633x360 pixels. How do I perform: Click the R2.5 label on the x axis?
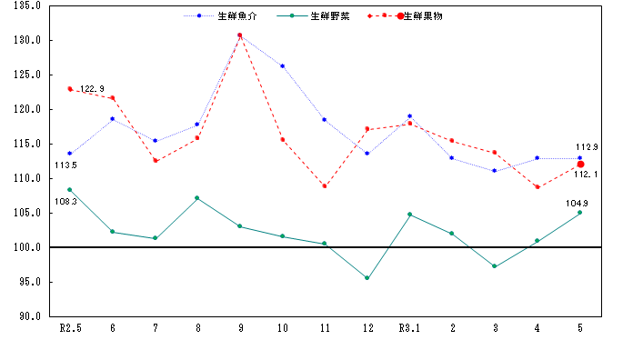70,328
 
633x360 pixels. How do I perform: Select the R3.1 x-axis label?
410,328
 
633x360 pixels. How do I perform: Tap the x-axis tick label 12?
367,328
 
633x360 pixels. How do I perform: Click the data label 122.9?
92,89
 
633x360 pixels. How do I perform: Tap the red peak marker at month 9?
239,35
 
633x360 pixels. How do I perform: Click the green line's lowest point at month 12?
367,278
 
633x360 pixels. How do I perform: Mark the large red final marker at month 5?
580,164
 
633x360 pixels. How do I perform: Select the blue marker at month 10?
282,66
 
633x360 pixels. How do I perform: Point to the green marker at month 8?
197,198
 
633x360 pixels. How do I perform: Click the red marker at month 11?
325,186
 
